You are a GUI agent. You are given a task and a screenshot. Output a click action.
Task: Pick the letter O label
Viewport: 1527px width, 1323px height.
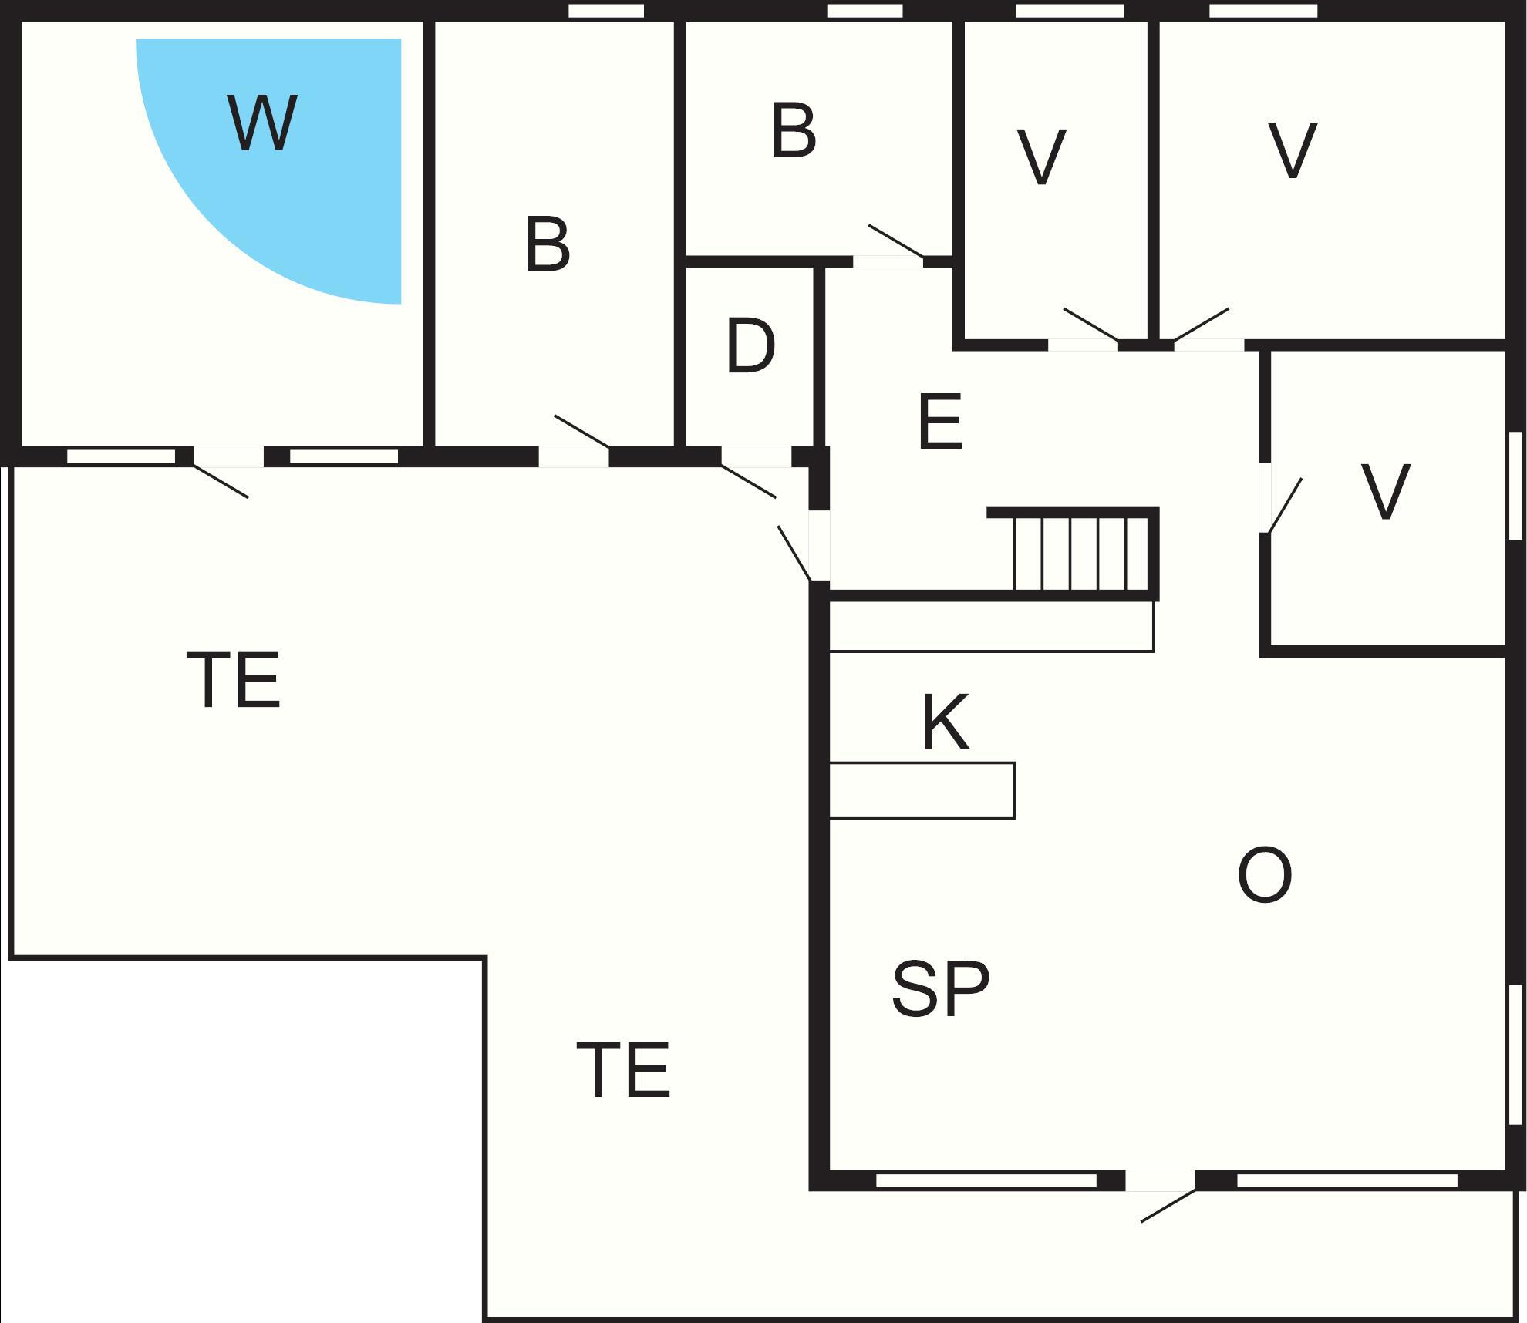[1265, 876]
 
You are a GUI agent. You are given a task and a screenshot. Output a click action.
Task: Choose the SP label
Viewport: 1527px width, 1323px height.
[941, 990]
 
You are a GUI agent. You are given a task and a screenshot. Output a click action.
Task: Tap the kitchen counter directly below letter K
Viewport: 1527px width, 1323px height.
[922, 791]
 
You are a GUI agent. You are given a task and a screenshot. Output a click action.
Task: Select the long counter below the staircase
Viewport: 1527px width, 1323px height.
[991, 626]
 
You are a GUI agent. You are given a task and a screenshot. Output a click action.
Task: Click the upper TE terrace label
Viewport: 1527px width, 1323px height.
[234, 680]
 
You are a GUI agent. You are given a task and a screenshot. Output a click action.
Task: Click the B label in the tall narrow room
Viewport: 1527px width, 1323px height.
[548, 245]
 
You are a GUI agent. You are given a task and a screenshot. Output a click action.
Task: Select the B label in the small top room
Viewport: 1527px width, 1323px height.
[794, 133]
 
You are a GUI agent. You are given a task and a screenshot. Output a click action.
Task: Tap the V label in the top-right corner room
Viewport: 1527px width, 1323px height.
[1293, 151]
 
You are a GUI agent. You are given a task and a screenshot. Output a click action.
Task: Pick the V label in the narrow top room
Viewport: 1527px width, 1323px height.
[1041, 157]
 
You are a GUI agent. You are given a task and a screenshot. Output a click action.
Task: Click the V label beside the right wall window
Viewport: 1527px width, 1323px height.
[1386, 492]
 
